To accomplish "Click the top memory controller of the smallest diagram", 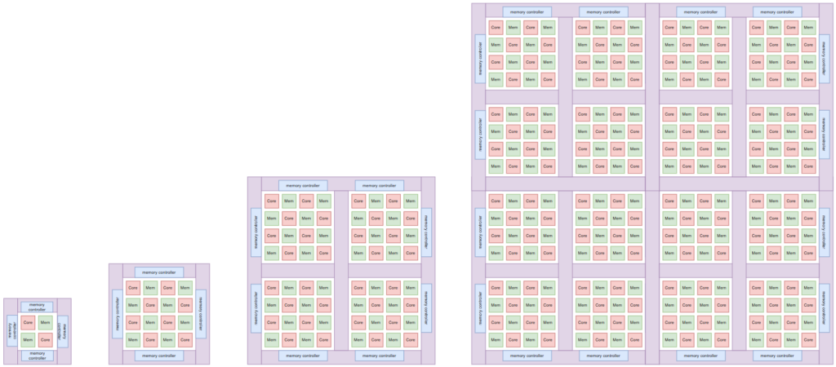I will click(x=37, y=307).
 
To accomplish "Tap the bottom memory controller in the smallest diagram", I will click(x=37, y=355).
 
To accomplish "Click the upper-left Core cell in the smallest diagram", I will click(x=28, y=322).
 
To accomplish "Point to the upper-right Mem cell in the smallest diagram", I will click(x=46, y=322).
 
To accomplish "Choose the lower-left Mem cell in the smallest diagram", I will click(x=28, y=339).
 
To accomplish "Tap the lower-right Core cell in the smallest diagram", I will click(x=46, y=339).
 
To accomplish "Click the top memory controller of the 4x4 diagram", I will click(x=159, y=272).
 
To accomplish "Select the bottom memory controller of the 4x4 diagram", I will click(x=159, y=356).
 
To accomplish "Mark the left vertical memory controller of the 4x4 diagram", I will click(x=117, y=314).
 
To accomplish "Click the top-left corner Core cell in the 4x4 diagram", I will click(x=133, y=287).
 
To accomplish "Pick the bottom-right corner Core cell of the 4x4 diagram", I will click(x=185, y=339).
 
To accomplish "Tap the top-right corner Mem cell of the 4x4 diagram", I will click(x=185, y=287).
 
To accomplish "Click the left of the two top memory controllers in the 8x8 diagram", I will click(x=303, y=185).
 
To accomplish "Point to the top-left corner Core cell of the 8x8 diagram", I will click(x=271, y=201).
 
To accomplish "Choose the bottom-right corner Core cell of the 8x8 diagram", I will click(x=411, y=339).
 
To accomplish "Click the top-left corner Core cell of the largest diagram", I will click(x=496, y=27).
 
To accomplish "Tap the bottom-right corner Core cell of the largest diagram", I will click(x=808, y=339).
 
